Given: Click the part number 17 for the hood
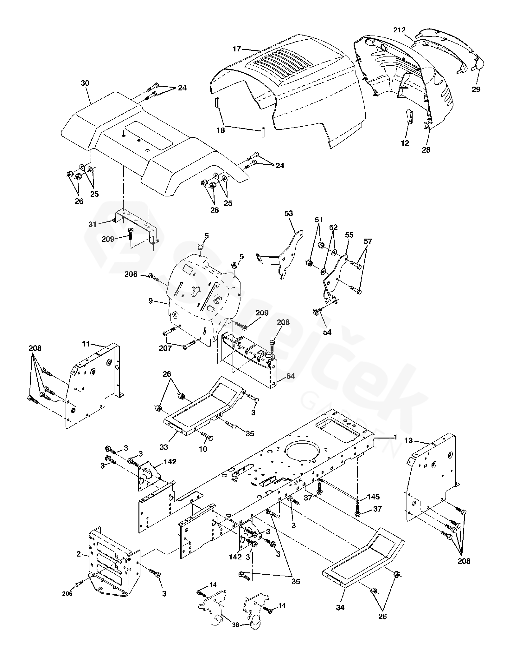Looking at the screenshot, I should point(236,49).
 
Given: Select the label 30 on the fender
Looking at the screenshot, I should point(85,83).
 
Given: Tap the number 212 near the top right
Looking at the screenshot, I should point(400,30).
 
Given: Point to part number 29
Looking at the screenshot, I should point(476,89).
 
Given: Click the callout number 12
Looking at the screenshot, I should point(405,143).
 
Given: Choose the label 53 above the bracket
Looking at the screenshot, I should point(289,213).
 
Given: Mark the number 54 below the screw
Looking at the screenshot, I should point(327,332).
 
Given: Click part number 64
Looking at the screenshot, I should point(291,376).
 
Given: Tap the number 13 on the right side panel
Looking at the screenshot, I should point(409,440).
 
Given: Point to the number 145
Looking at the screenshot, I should point(373,497).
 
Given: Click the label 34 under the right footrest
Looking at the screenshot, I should point(341,607).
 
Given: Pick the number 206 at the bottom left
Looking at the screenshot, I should point(67,593).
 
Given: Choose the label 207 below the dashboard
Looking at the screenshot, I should point(165,348).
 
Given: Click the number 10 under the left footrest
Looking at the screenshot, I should point(203,449).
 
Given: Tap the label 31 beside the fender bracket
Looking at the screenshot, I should point(92,224).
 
